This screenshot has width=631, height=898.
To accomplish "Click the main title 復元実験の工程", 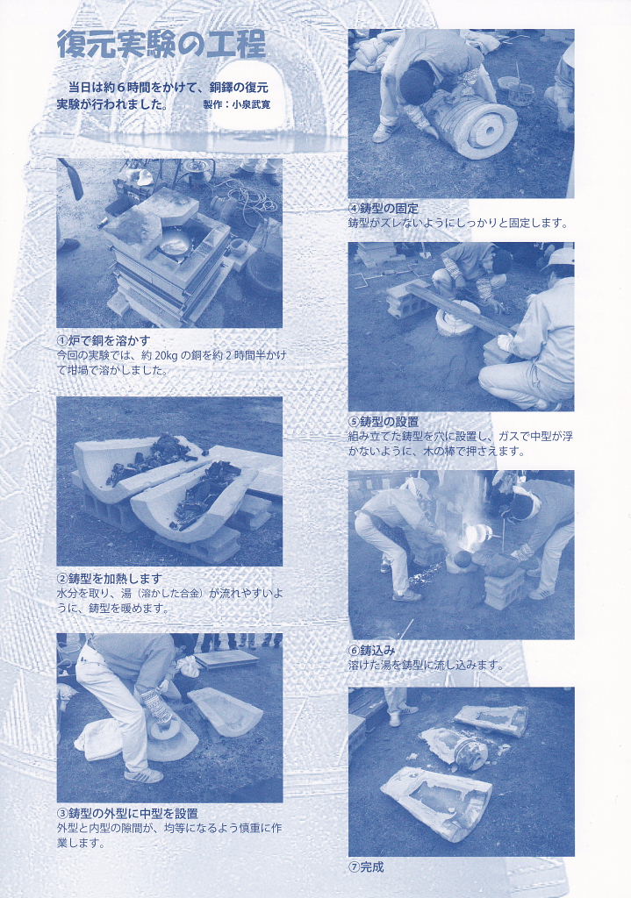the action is [x=161, y=45].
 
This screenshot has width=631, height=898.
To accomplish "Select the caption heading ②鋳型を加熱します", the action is [x=110, y=579].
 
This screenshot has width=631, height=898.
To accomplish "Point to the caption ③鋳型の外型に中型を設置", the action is [x=127, y=813].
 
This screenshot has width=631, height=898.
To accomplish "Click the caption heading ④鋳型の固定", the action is [x=384, y=209].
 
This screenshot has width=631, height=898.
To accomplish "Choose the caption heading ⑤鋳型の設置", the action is [x=384, y=422].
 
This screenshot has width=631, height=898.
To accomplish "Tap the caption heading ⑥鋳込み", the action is [x=371, y=650].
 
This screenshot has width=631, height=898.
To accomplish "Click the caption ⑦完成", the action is [x=366, y=867].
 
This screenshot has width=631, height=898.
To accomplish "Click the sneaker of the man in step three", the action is [x=144, y=775].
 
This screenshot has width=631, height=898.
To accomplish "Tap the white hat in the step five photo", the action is [x=559, y=259].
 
